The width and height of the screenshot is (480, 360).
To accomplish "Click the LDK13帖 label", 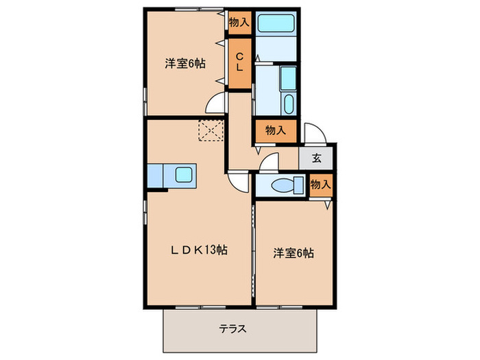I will coord(199,251).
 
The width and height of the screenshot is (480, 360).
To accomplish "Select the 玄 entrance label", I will coord(317,158).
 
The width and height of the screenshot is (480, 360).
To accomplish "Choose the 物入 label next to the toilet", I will coord(320,184).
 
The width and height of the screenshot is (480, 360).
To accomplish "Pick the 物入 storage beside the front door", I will coord(275,130).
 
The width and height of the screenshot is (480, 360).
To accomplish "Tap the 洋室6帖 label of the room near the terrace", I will coord(293,253).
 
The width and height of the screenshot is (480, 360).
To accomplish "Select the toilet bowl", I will coord(286,185).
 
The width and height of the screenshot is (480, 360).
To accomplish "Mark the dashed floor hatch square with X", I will coord(211,130).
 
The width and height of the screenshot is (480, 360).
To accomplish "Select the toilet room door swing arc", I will coord(268,163).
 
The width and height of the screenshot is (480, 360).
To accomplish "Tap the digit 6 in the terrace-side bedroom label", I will coord(296,253).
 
